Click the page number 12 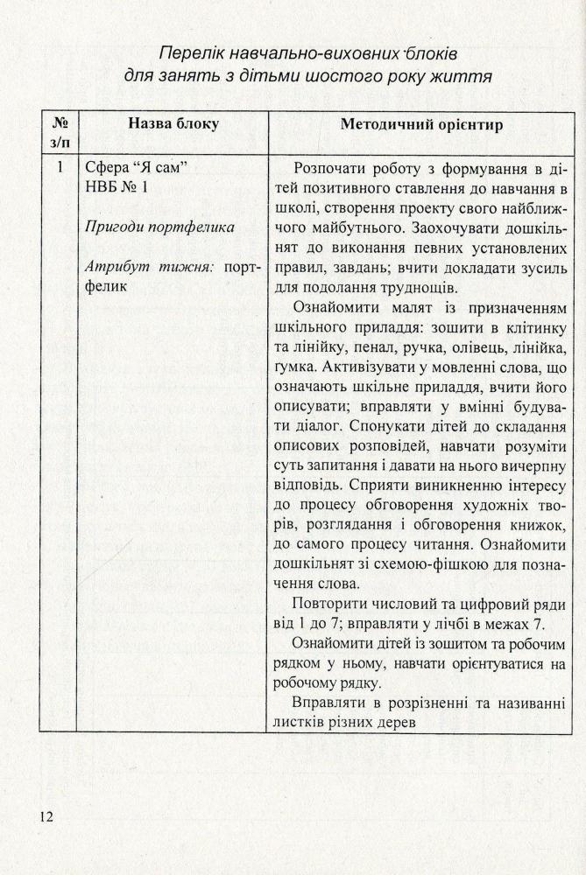[46, 817]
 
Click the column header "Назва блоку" [173, 124]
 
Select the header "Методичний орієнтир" [420, 125]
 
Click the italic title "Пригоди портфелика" [160, 227]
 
